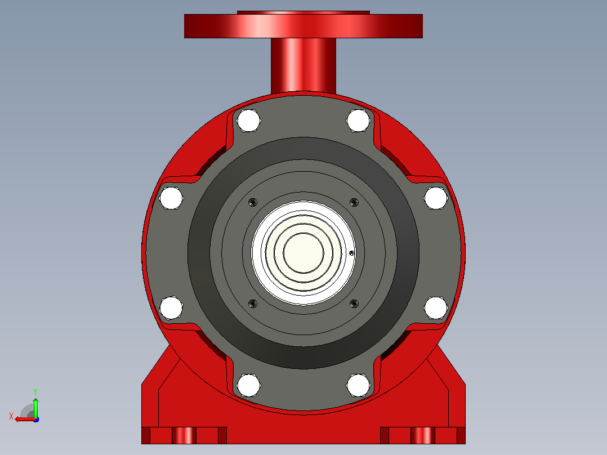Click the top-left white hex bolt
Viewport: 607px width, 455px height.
248,121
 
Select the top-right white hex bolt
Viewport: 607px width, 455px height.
358,121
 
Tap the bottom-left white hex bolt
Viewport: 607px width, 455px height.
248,386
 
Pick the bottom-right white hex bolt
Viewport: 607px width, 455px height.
358,386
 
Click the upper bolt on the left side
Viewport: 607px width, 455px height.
171,198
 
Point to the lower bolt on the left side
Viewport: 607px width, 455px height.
171,308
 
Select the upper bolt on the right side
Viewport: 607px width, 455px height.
436,198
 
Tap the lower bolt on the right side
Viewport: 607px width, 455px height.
436,308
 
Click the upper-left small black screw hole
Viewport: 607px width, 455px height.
253,202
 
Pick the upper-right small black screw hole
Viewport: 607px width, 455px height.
354,202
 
